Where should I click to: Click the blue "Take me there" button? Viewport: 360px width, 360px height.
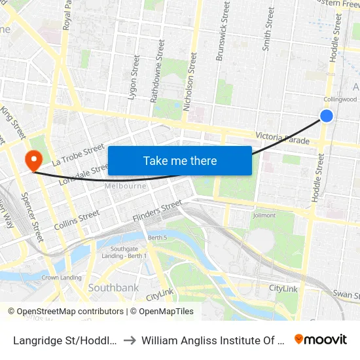click(x=180, y=160)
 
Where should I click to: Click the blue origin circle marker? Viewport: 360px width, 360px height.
click(x=327, y=116)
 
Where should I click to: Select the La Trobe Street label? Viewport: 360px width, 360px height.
click(x=79, y=154)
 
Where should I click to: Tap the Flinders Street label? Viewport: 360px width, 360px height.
click(x=157, y=211)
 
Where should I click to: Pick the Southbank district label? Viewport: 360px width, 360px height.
click(x=113, y=287)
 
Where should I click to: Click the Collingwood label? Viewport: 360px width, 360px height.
click(x=340, y=99)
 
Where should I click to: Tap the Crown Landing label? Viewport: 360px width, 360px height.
click(x=62, y=278)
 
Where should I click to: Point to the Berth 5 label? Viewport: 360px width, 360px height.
click(x=158, y=237)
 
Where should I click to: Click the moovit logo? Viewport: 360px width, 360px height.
click(x=320, y=339)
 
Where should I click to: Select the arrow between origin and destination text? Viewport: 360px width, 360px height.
click(x=130, y=340)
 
